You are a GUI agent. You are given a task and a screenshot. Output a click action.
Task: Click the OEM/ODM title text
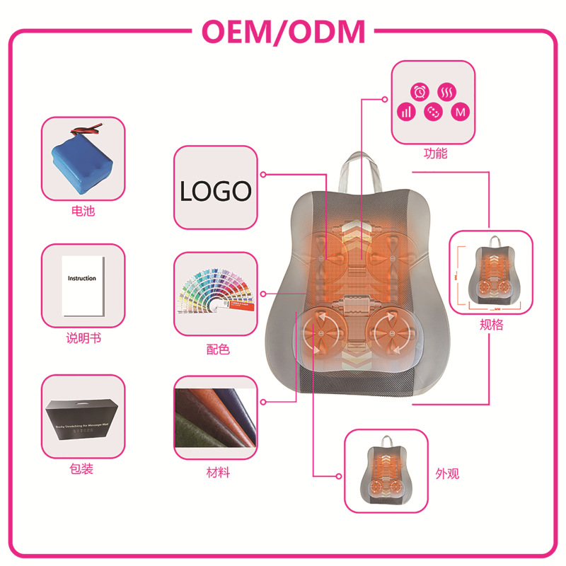point(284,32)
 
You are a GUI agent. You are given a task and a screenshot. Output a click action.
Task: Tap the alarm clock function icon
point(420,92)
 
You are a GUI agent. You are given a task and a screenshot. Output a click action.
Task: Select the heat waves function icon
point(446,92)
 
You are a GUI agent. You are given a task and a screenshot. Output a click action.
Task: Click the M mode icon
point(460,112)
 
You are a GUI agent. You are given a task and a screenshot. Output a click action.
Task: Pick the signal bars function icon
point(406,112)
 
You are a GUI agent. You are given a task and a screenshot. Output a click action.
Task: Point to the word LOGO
point(215,191)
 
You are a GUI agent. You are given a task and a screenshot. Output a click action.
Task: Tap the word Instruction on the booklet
point(82,278)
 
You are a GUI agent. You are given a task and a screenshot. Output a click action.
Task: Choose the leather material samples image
point(215,417)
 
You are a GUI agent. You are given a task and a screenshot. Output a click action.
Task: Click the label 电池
point(83,211)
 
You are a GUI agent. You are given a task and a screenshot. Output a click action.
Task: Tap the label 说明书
point(83,339)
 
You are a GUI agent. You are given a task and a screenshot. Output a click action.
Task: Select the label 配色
point(215,350)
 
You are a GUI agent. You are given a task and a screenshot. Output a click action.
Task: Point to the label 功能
point(435,153)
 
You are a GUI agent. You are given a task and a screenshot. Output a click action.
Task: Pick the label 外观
point(448,473)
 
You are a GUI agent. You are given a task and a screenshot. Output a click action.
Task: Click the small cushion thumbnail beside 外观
point(386,470)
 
